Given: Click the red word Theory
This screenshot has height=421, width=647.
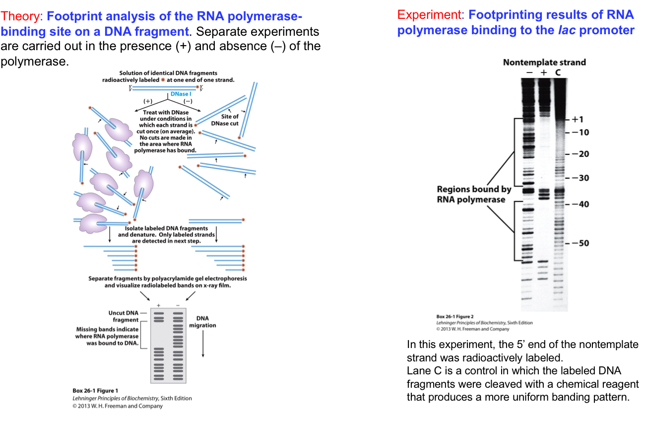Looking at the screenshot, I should click(x=22, y=17).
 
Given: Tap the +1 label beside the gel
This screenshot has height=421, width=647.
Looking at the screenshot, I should click(x=578, y=120).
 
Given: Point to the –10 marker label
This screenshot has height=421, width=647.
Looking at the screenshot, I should click(x=579, y=133).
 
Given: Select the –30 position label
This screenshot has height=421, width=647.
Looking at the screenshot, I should click(x=579, y=178).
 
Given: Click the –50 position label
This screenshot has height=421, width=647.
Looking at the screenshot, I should click(x=579, y=243).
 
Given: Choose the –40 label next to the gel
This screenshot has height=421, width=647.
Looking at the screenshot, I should click(x=579, y=205).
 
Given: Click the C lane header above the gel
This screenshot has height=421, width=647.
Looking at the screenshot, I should click(x=558, y=72).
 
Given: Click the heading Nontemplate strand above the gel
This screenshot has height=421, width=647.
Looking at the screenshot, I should click(x=544, y=63).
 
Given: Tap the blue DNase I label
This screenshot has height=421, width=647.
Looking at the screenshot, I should click(x=181, y=94).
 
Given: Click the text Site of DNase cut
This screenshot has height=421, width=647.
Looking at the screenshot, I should click(x=229, y=120).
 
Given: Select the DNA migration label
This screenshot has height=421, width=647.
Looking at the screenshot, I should click(x=202, y=322).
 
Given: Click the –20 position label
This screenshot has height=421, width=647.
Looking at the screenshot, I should click(x=579, y=154).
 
